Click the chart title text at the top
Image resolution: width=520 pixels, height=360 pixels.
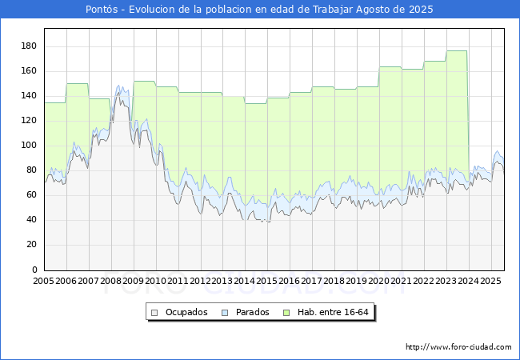pos(259,10)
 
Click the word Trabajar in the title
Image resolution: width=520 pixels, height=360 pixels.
pos(333,10)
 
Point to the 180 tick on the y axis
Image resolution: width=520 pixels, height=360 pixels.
pos(29,46)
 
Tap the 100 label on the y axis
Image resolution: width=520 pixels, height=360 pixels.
pos(29,145)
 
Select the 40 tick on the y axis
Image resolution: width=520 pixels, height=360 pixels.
pos(31,219)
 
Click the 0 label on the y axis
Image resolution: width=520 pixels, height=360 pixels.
pos(34,270)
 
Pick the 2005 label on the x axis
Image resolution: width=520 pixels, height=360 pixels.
pos(44,281)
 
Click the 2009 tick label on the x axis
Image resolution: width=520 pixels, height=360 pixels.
pos(134,281)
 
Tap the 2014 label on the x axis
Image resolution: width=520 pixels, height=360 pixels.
pos(245,281)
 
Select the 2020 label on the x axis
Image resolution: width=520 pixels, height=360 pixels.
pos(379,281)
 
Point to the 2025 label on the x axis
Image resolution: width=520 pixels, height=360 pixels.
pos(490,281)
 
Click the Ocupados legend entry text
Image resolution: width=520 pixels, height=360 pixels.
pos(186,312)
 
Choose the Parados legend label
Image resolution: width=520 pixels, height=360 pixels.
pos(253,312)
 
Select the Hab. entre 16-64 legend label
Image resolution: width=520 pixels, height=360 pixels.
pos(333,312)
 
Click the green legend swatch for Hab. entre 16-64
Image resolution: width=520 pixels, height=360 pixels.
pos(286,313)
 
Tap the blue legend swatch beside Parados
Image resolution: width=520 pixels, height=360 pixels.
pos(225,313)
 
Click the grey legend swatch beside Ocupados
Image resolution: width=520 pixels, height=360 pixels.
pos(154,313)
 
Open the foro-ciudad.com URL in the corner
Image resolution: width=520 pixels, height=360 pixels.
pos(458,347)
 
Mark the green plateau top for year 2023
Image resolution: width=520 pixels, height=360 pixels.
pos(457,50)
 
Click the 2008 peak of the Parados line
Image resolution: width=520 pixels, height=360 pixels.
pos(118,86)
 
